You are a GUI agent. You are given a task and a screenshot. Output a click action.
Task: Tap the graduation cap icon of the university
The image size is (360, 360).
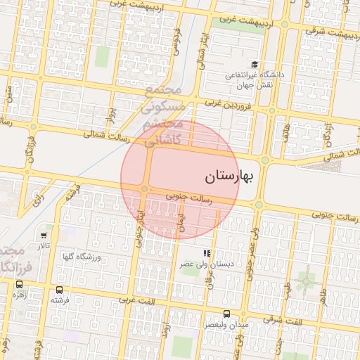(255, 64)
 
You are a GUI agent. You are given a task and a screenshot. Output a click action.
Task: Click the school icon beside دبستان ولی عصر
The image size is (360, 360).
(207, 253)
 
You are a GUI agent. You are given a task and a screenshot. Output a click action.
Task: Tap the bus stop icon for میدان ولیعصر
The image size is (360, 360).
(226, 314)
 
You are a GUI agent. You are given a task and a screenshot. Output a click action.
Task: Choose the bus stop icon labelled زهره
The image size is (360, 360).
(19, 285)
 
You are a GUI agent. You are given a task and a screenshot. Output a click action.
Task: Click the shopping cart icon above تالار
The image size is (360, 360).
(44, 236)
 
